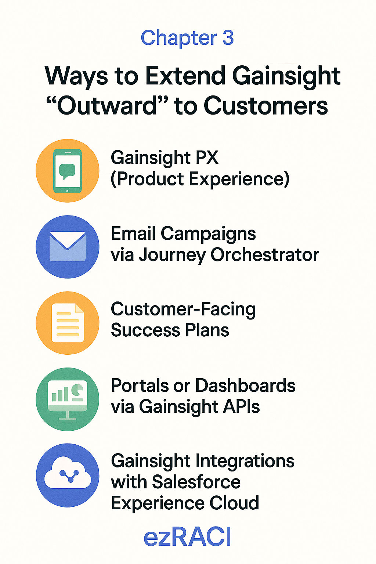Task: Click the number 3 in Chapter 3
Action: [x=228, y=38]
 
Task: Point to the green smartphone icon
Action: [x=68, y=171]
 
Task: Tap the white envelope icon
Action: [x=68, y=246]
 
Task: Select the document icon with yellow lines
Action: [x=68, y=323]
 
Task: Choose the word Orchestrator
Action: [x=265, y=254]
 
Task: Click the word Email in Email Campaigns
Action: [x=133, y=233]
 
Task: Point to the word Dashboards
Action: [x=245, y=385]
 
